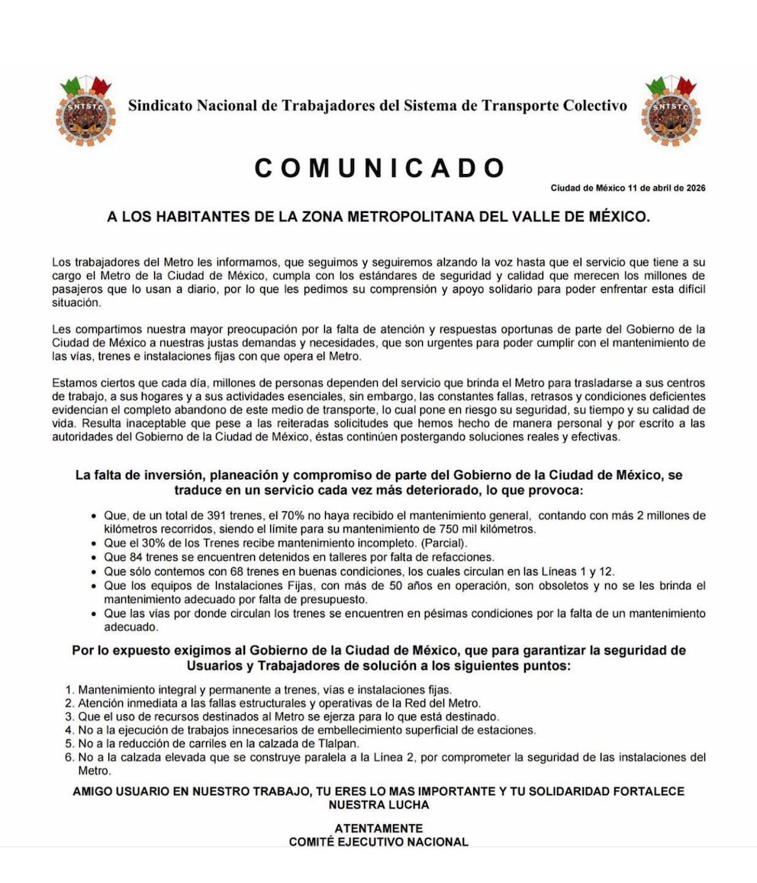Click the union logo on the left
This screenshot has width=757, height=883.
point(85,111)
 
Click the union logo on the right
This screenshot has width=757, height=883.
point(671,111)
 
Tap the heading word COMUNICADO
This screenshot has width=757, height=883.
point(379,168)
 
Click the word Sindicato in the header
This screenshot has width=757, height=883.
point(159,105)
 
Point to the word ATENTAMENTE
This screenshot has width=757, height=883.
point(378,828)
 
